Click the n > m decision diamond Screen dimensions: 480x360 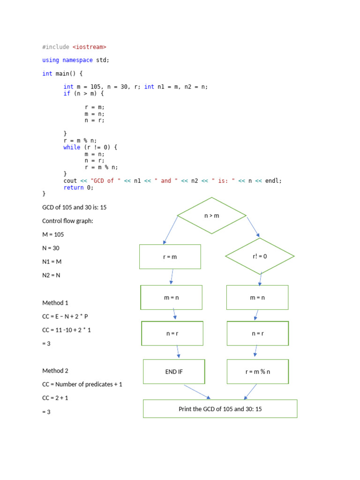point(212,216)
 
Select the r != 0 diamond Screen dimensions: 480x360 point(260,256)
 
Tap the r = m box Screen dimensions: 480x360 point(170,257)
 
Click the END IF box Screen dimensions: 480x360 point(174,372)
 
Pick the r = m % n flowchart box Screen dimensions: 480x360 point(258,372)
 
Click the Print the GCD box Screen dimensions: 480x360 point(220,409)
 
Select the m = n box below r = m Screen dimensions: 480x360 point(172,298)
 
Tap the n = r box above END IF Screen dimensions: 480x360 point(172,334)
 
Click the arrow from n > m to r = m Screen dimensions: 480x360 point(171,230)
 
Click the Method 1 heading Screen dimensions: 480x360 point(55,303)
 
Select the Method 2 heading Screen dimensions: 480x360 point(55,371)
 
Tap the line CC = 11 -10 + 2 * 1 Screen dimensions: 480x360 point(67,330)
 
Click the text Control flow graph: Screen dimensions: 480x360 point(68,221)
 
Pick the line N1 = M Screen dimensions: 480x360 point(52,262)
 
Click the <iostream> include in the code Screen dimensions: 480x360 point(90,47)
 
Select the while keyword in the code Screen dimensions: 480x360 point(72,147)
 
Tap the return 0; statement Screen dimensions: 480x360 point(78,187)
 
